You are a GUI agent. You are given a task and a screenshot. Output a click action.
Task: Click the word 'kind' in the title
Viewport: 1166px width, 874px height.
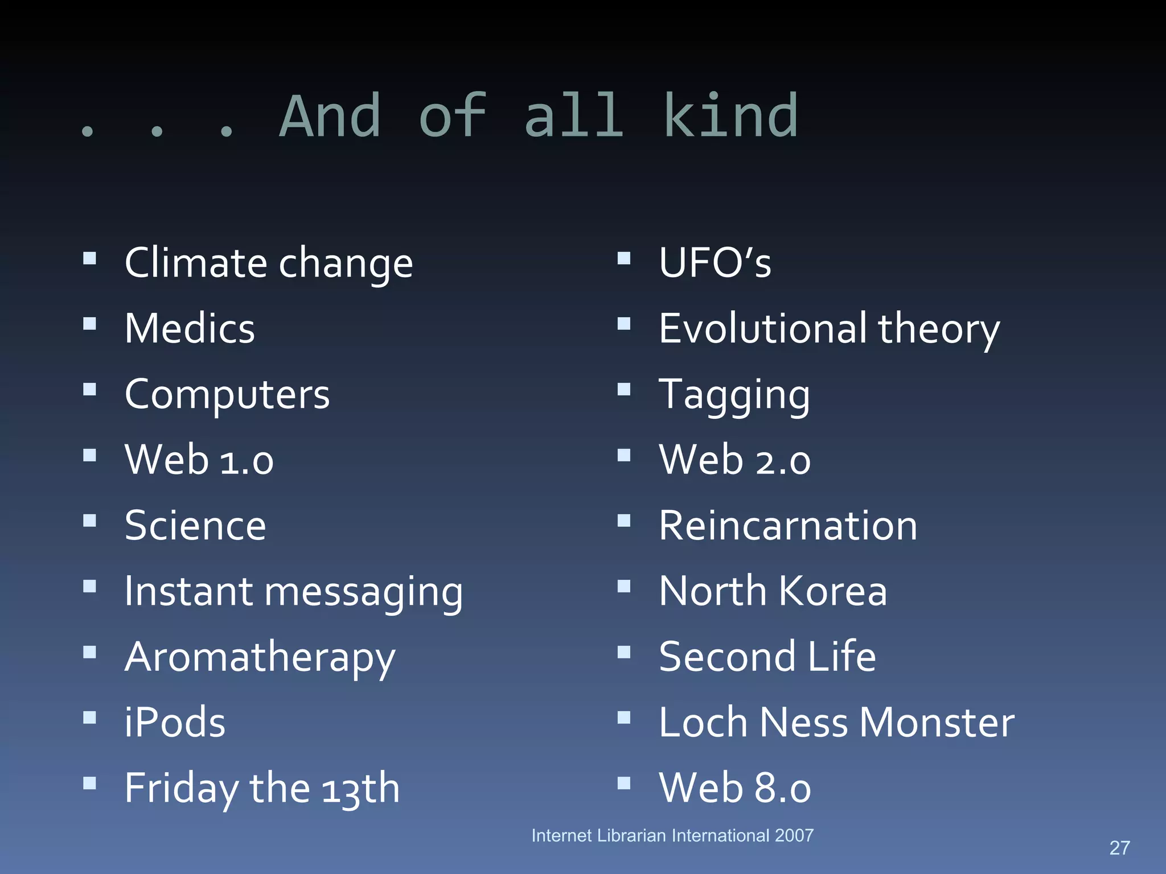(x=730, y=116)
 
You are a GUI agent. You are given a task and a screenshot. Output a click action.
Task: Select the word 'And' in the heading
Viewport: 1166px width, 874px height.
(x=330, y=116)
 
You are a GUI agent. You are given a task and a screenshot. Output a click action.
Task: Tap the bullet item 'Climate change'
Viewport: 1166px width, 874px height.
(x=269, y=263)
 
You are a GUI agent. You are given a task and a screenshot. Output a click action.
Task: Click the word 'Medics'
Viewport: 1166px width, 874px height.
(x=190, y=329)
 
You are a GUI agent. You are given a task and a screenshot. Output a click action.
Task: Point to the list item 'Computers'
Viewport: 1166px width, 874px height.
(x=227, y=394)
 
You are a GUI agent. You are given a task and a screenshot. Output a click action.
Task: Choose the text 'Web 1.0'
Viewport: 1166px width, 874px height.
(x=199, y=460)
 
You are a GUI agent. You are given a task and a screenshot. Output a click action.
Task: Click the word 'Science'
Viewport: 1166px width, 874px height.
(x=195, y=525)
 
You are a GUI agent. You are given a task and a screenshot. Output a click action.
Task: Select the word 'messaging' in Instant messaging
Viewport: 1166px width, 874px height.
(x=364, y=592)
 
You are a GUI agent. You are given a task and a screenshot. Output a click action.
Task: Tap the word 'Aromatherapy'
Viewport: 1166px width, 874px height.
(x=260, y=657)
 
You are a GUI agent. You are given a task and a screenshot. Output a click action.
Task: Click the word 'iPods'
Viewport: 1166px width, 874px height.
(x=175, y=723)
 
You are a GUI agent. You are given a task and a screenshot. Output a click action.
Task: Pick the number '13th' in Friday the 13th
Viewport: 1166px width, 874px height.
(x=361, y=789)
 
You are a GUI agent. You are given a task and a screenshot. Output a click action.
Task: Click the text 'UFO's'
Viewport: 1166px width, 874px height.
(x=715, y=263)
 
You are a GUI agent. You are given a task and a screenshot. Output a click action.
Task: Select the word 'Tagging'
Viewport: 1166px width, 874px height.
(x=734, y=395)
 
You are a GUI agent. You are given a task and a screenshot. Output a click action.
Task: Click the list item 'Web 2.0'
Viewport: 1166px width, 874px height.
(x=734, y=460)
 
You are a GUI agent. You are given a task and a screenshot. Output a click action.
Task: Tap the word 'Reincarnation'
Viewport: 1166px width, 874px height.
(x=788, y=525)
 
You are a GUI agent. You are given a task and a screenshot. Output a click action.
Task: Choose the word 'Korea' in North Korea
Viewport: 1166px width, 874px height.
(x=832, y=591)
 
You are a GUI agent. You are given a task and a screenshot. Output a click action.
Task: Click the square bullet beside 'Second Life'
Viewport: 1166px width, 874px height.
(x=624, y=652)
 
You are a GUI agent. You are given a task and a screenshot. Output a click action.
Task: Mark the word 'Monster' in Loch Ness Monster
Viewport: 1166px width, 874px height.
(x=937, y=723)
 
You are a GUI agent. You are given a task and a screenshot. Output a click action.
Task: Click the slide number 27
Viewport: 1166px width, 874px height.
(x=1119, y=848)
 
